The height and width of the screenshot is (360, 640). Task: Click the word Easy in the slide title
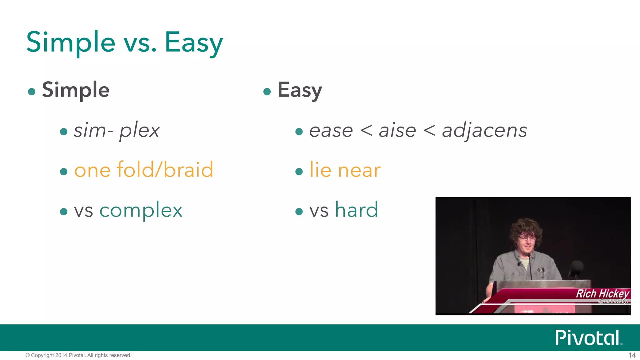coord(194,43)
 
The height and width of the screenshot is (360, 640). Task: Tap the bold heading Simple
coord(76,90)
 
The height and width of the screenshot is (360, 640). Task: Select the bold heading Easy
coord(300,90)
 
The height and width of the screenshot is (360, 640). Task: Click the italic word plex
coord(139,131)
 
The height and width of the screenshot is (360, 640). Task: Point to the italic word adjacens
coord(485,131)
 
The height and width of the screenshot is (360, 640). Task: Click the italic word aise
coord(397,131)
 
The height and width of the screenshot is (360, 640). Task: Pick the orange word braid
coord(188,170)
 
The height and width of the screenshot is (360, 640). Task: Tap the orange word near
coord(359,171)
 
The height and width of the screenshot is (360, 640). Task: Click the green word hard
coord(357,210)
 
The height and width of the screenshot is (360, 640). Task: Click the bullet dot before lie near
coord(299,172)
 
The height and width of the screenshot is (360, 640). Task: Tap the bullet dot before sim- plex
coord(64,132)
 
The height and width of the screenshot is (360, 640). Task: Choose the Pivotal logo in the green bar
coord(587,338)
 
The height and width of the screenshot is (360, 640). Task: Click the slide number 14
coord(632,355)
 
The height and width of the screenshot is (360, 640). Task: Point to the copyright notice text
coord(78,355)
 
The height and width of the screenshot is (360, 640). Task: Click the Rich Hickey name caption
coord(602,294)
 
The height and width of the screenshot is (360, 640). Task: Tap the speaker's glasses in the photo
coord(527,239)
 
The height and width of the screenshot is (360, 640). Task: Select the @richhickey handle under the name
coord(613,301)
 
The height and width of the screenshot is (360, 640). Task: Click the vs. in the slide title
coord(140,43)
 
